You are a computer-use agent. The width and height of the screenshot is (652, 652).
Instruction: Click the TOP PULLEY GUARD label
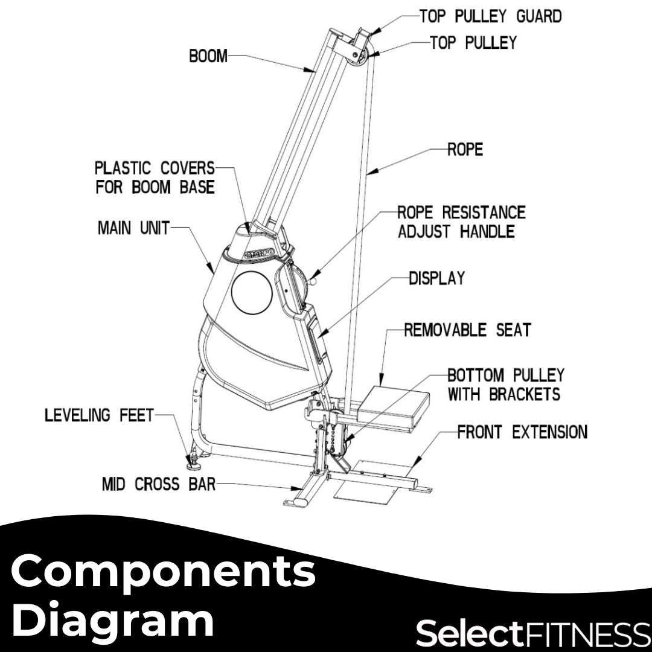click(490, 16)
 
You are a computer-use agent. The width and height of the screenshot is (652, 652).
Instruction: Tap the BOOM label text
click(208, 57)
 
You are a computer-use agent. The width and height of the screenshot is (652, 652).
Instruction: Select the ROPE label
click(465, 150)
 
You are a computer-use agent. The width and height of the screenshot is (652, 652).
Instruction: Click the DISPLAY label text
click(437, 278)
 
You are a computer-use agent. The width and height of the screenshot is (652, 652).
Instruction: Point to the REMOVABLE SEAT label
click(467, 330)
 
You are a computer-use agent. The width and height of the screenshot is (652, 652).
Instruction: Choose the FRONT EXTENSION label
click(522, 432)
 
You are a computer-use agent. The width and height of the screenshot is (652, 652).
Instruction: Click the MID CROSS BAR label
click(158, 484)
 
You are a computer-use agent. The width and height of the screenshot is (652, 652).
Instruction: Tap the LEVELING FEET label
click(99, 415)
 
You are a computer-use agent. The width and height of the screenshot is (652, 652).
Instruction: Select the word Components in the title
click(164, 571)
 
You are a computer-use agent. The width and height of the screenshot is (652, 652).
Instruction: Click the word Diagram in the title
click(113, 620)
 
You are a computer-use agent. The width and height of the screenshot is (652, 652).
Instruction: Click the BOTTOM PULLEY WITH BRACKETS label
click(505, 385)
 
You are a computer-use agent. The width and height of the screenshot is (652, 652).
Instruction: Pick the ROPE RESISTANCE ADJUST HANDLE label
click(461, 222)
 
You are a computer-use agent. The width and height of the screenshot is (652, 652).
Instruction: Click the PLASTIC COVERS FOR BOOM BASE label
click(155, 177)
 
